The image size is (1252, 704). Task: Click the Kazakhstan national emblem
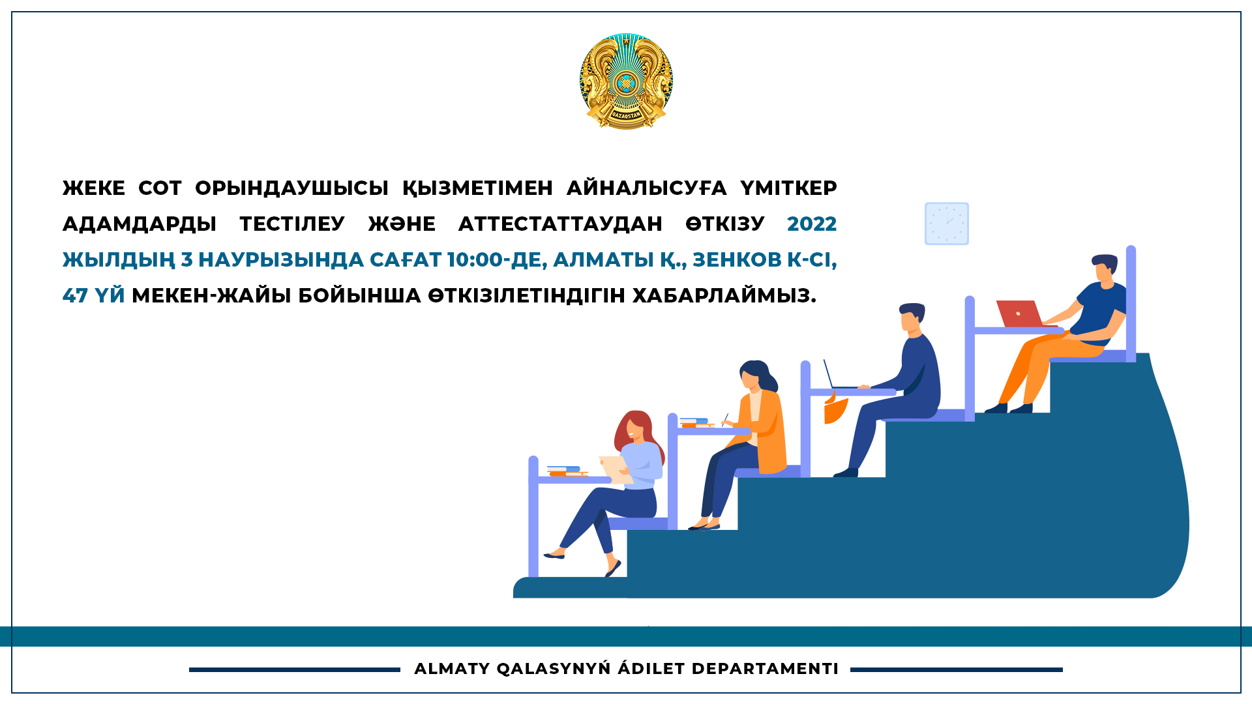click(626, 81)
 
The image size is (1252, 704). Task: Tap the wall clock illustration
click(947, 224)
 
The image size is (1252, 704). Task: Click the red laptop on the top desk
click(1020, 314)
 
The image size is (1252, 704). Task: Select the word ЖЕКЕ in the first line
click(94, 188)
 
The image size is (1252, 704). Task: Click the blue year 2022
click(812, 224)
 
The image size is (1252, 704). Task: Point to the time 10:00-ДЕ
click(497, 259)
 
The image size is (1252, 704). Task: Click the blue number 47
click(75, 295)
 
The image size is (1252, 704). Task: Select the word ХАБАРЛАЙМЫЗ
click(724, 295)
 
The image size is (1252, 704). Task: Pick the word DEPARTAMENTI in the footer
click(765, 669)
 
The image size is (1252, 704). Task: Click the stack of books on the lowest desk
click(567, 471)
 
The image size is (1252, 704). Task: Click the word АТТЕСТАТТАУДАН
click(560, 224)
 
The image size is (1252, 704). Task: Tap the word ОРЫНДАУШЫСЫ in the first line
click(291, 188)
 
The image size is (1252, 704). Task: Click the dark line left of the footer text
click(295, 669)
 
